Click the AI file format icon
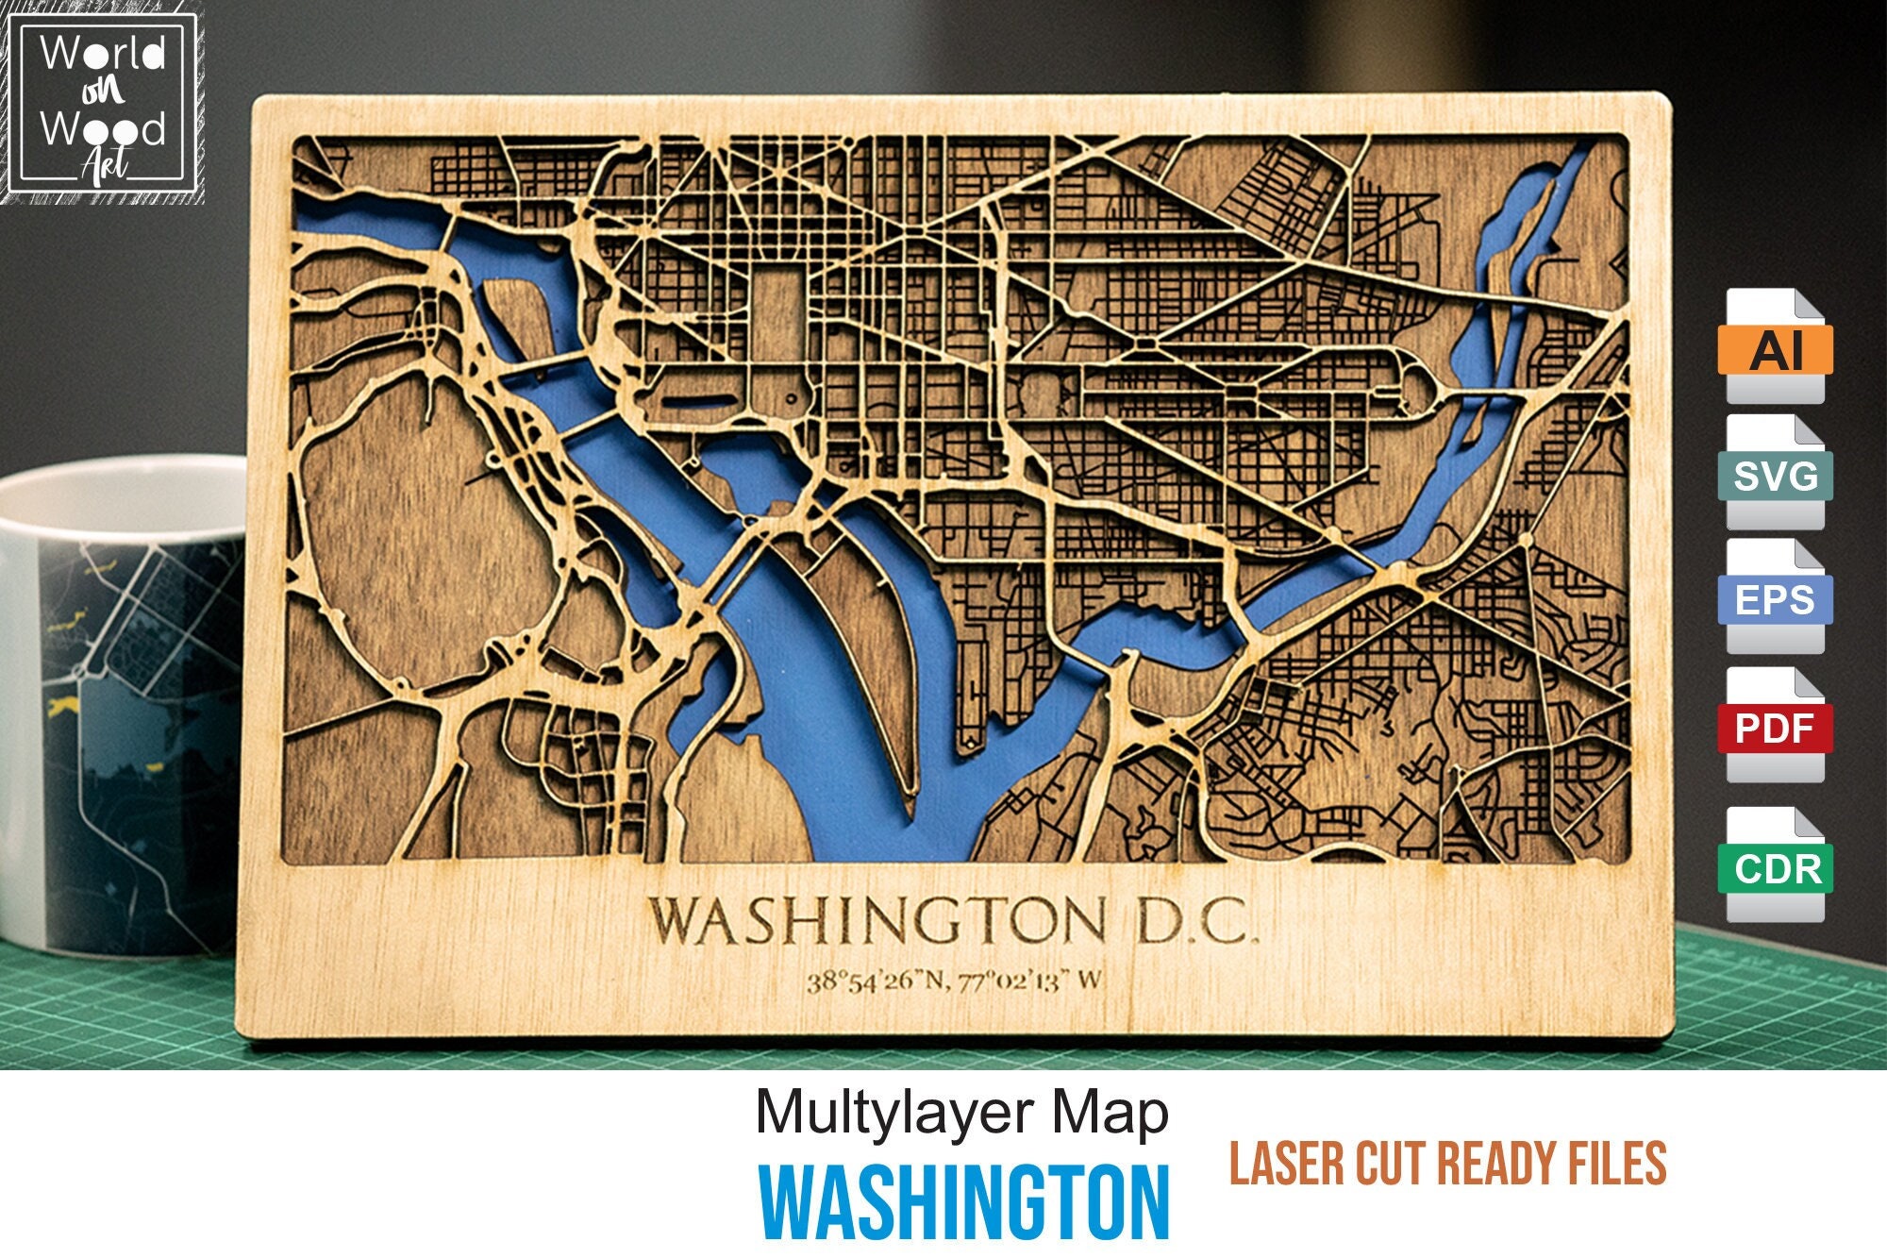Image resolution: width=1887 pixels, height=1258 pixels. click(1776, 347)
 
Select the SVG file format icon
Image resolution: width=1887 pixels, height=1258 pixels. click(1776, 474)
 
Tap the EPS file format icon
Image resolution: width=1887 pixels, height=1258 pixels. click(1776, 598)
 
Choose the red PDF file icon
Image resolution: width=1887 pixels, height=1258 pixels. click(1776, 727)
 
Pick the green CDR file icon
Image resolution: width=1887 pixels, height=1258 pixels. click(1776, 866)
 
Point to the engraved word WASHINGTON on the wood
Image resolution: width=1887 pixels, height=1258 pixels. click(877, 920)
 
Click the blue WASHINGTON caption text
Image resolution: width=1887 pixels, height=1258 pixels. click(964, 1203)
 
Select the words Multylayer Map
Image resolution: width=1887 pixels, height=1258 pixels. click(961, 1114)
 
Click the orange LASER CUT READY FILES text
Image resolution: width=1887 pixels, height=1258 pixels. click(1447, 1163)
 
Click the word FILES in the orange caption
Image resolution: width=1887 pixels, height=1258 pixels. click(1614, 1163)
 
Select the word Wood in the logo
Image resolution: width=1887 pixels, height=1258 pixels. click(103, 128)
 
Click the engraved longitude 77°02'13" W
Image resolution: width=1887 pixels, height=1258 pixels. click(1029, 981)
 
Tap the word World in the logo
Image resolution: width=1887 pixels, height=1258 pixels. click(103, 54)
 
